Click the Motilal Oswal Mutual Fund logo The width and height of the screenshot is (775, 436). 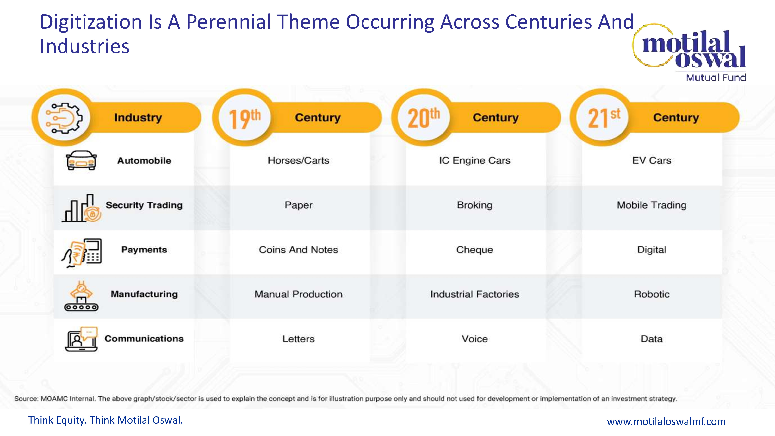692,53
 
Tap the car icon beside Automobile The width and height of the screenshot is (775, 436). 81,160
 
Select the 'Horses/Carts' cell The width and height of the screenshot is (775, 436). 298,160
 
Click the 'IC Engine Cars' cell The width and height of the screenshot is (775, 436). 475,160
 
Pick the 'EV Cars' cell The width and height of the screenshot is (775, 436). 652,160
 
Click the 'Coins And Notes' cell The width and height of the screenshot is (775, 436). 298,250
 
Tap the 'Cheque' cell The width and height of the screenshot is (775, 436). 475,250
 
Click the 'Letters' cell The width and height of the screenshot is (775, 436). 298,339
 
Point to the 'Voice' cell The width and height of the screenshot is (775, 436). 475,339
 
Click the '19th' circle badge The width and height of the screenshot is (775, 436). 245,118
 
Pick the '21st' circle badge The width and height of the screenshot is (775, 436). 604,118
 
